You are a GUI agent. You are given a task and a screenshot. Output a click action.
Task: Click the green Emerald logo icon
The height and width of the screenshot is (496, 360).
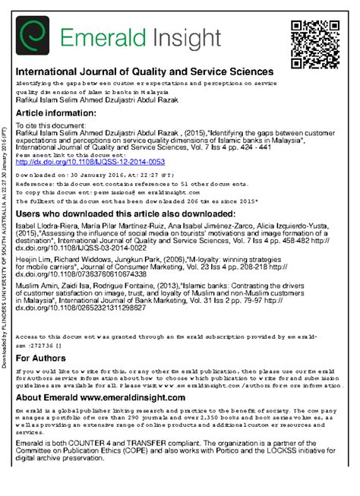click(x=34, y=36)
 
